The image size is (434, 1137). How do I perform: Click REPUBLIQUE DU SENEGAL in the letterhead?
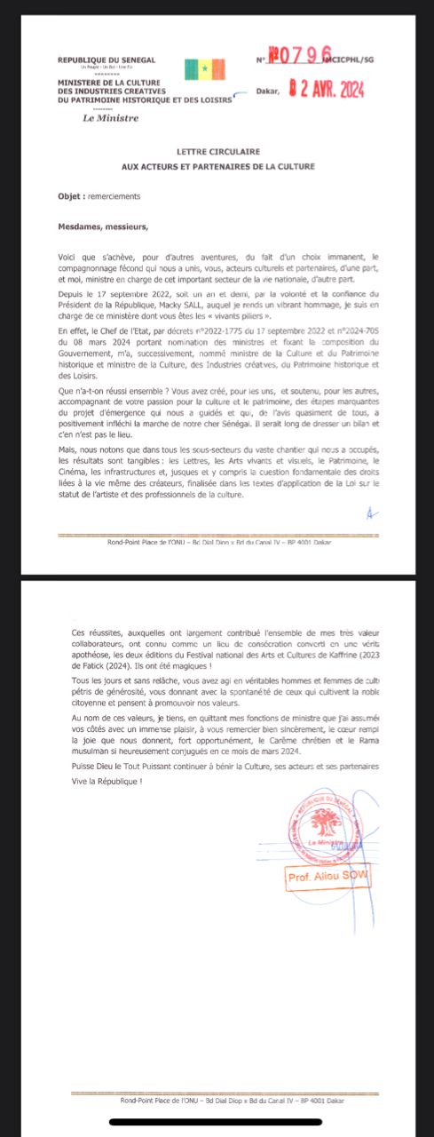click(107, 60)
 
